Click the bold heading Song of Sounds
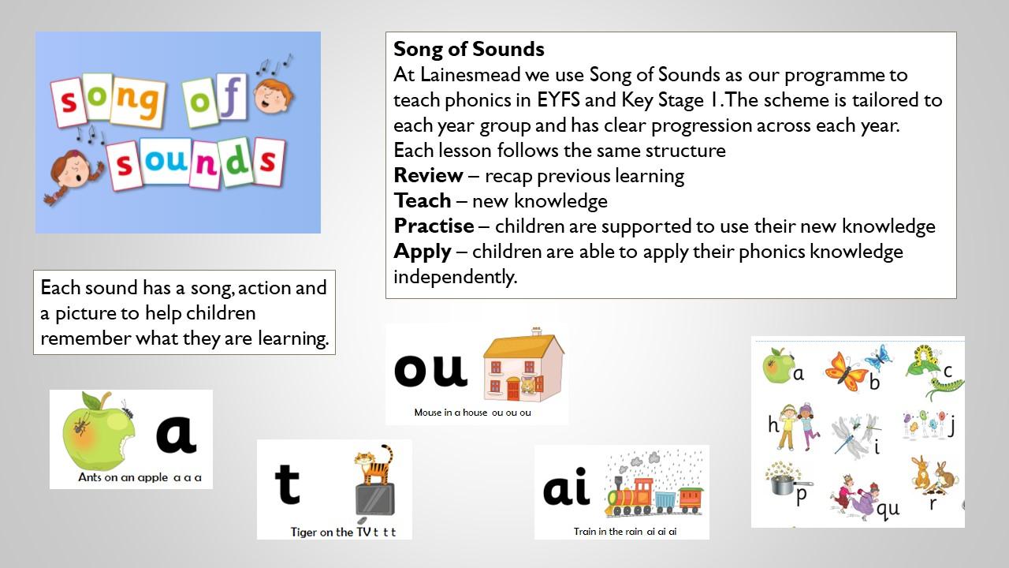469,49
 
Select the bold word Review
428,175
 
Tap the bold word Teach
423,200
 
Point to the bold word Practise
434,226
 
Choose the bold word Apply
423,252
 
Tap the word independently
456,277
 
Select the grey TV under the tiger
374,500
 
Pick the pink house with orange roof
523,366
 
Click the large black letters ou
430,369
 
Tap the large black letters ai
566,487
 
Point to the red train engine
630,496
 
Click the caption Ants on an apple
123,477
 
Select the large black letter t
288,484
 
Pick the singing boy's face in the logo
273,96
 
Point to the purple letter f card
233,97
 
